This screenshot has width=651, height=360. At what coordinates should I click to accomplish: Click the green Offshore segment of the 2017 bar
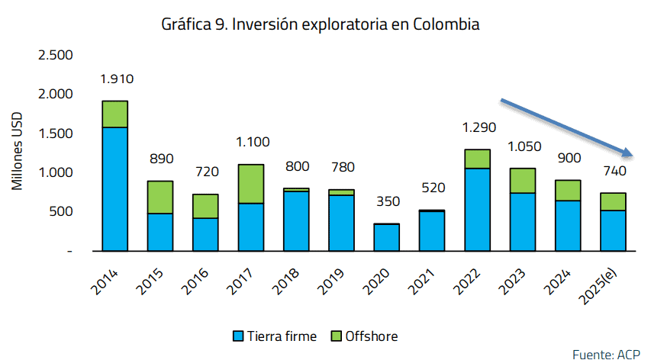click(250, 184)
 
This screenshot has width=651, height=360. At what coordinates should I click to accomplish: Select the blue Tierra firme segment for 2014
click(114, 188)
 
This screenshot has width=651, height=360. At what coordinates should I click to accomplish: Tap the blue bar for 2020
click(386, 237)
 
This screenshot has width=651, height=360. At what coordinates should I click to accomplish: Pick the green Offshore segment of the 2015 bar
click(160, 197)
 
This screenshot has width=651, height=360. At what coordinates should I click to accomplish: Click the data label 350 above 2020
click(386, 201)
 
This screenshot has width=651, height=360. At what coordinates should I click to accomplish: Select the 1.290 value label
click(477, 127)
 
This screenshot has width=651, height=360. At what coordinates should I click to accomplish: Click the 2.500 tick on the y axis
click(55, 55)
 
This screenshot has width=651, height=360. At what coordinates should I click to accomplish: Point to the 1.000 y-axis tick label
click(55, 172)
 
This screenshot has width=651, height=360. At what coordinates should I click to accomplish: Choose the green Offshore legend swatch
click(337, 336)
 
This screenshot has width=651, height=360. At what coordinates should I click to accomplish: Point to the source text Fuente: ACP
click(606, 352)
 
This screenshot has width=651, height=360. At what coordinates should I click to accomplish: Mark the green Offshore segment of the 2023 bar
click(522, 181)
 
